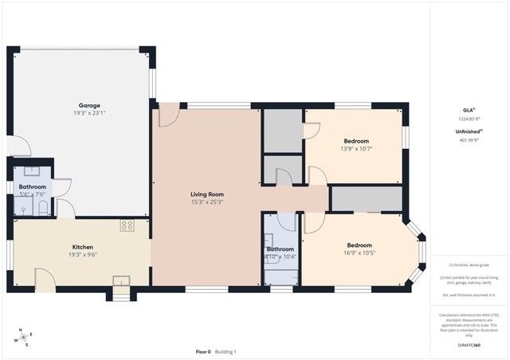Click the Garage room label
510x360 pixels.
tap(88, 105)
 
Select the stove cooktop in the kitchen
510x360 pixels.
tap(127, 225)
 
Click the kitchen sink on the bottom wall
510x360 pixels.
tap(120, 280)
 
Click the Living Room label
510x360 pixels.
tap(206, 194)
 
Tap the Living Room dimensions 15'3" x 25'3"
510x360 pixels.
tap(206, 202)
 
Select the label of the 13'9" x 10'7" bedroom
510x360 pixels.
tap(355, 141)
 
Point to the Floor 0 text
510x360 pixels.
tap(204, 351)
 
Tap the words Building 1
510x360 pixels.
tap(226, 351)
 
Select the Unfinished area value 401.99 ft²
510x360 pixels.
tap(469, 140)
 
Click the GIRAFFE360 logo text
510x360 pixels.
tap(469, 345)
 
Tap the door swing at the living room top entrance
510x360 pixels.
tap(169, 115)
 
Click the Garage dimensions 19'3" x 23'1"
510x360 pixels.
tap(88, 113)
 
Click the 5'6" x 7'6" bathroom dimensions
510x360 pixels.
tap(33, 194)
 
